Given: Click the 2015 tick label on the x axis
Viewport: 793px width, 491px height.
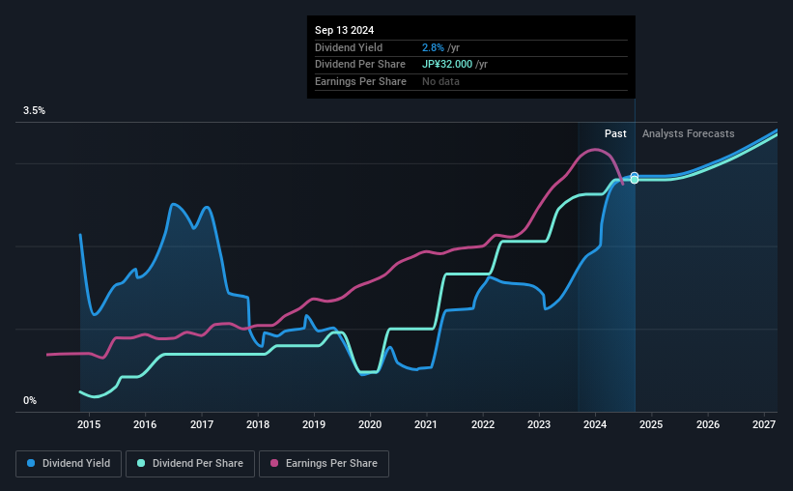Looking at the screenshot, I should click(x=89, y=424).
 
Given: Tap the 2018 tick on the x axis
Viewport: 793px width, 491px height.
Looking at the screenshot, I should click(x=258, y=424).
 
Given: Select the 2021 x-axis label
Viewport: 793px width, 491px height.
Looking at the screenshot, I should click(x=427, y=424).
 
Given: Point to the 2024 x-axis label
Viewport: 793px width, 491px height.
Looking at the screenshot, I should click(x=595, y=424).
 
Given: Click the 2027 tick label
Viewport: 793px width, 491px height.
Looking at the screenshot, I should click(x=764, y=424).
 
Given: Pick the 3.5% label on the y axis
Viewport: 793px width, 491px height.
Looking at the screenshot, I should click(x=35, y=111).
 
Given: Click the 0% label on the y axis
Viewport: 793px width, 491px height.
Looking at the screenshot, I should click(x=30, y=400).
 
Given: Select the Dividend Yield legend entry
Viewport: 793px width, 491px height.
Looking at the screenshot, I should click(x=68, y=464).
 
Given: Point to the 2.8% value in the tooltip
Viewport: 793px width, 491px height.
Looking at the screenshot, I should click(x=432, y=47).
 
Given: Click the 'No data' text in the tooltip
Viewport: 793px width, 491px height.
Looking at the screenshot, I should click(x=440, y=81).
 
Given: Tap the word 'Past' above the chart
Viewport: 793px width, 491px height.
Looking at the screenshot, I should click(x=615, y=133).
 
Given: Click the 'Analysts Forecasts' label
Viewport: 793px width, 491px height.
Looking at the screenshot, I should click(x=688, y=133).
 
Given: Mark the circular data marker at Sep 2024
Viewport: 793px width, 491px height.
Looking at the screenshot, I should click(x=635, y=178).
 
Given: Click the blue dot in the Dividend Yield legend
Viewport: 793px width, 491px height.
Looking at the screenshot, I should click(x=31, y=464).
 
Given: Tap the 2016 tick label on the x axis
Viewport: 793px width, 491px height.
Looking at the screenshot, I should click(x=145, y=424).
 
